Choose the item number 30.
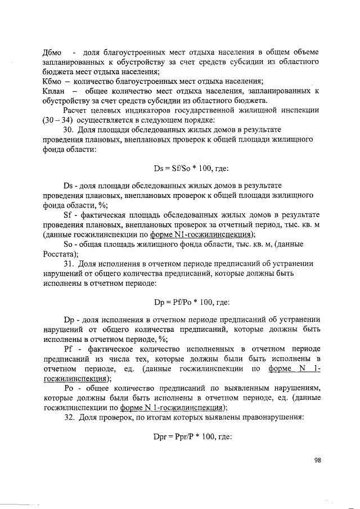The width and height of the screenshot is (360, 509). (69, 130)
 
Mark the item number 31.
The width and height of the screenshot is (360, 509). (69, 263)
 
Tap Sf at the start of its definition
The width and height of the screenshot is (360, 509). (67, 214)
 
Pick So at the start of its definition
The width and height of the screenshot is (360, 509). (68, 244)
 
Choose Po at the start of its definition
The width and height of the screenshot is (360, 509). (68, 388)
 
